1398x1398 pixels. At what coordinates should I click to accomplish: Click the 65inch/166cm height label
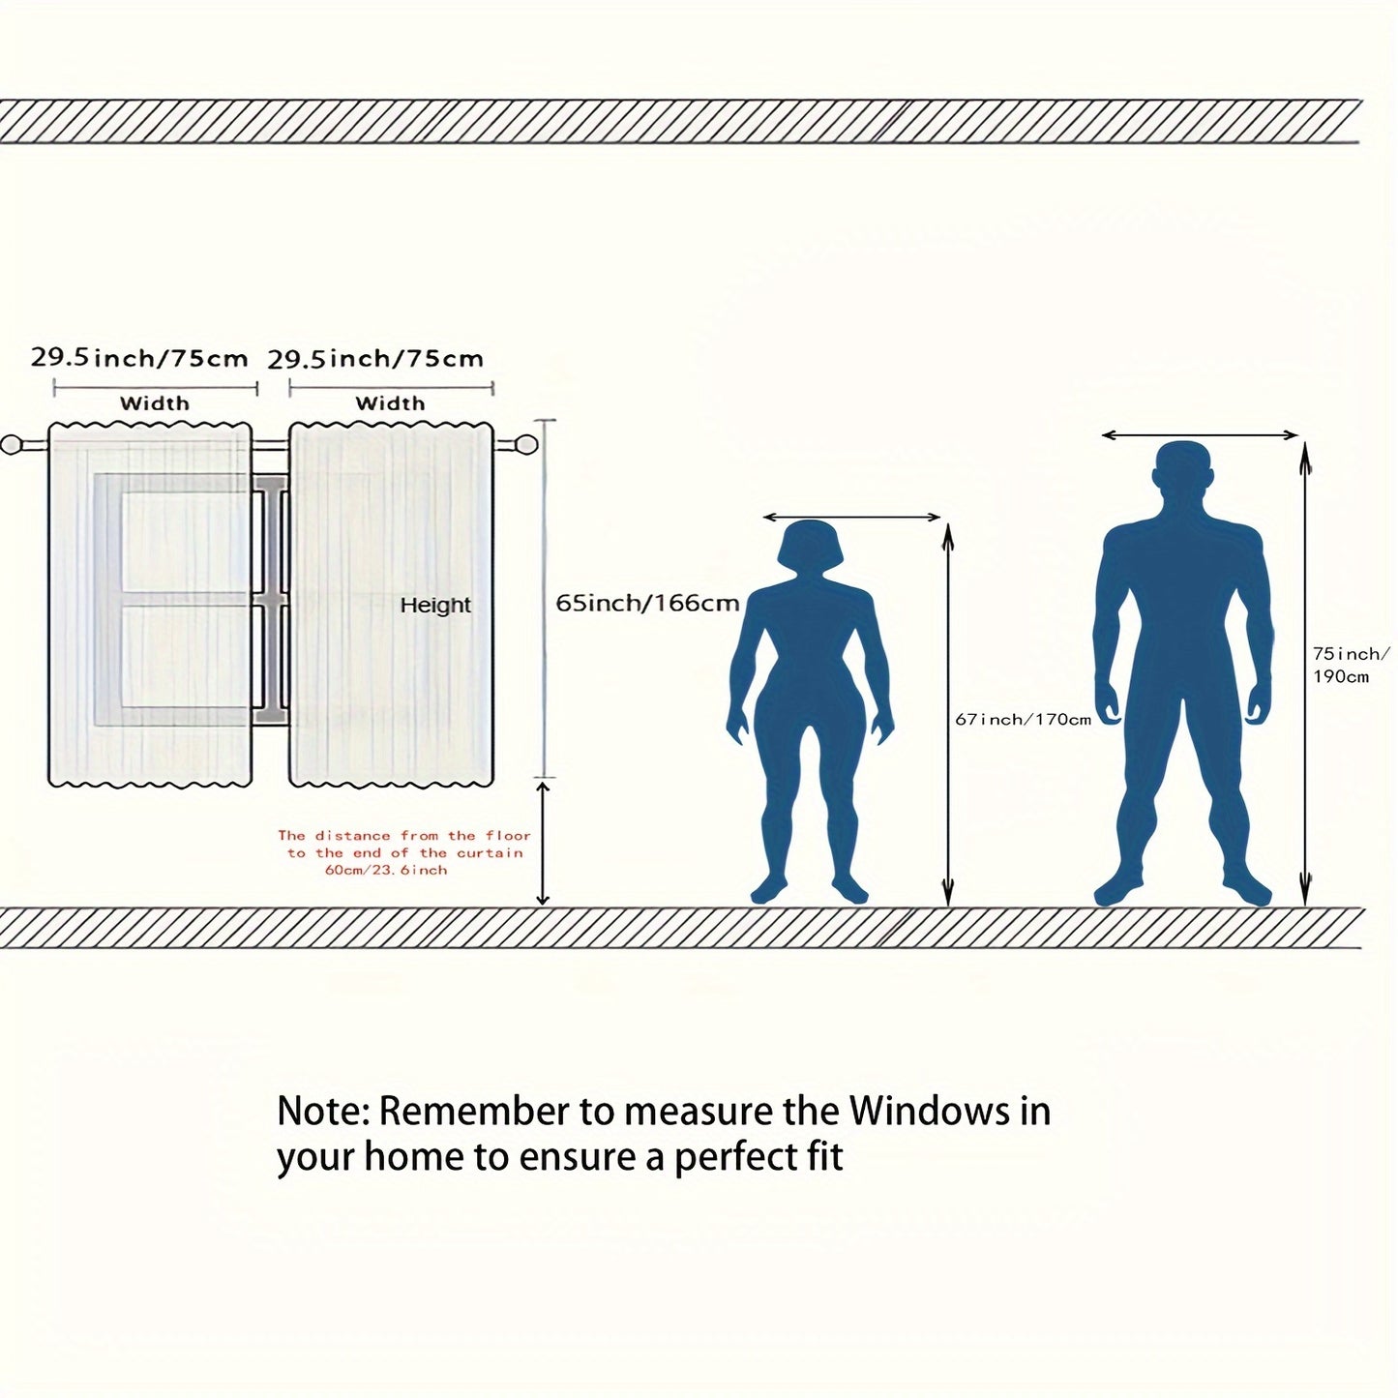click(x=647, y=603)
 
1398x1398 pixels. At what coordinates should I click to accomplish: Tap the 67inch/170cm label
click(x=1023, y=719)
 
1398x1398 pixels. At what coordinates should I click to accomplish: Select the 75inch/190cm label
click(x=1352, y=666)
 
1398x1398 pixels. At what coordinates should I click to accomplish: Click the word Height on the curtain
click(x=435, y=605)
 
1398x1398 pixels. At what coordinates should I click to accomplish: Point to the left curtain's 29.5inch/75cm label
click(x=139, y=358)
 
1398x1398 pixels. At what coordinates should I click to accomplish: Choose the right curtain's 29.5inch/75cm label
click(x=375, y=359)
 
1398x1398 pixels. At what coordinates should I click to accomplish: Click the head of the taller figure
click(x=1182, y=475)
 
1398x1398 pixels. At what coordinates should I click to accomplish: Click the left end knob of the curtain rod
click(x=13, y=444)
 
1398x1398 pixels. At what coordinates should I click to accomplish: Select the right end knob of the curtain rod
click(x=525, y=444)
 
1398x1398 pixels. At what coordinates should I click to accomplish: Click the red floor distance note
click(x=404, y=852)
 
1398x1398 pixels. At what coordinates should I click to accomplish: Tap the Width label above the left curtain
click(x=155, y=403)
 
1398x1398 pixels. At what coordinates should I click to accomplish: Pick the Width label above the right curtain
click(x=390, y=403)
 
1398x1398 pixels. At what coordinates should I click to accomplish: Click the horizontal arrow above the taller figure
click(x=1200, y=435)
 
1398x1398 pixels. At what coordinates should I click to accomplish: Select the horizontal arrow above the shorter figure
click(x=851, y=518)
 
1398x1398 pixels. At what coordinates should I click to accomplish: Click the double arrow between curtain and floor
click(x=543, y=842)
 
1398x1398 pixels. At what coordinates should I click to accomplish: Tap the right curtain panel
click(x=392, y=605)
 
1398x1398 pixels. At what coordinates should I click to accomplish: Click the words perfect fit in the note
click(x=759, y=1157)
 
